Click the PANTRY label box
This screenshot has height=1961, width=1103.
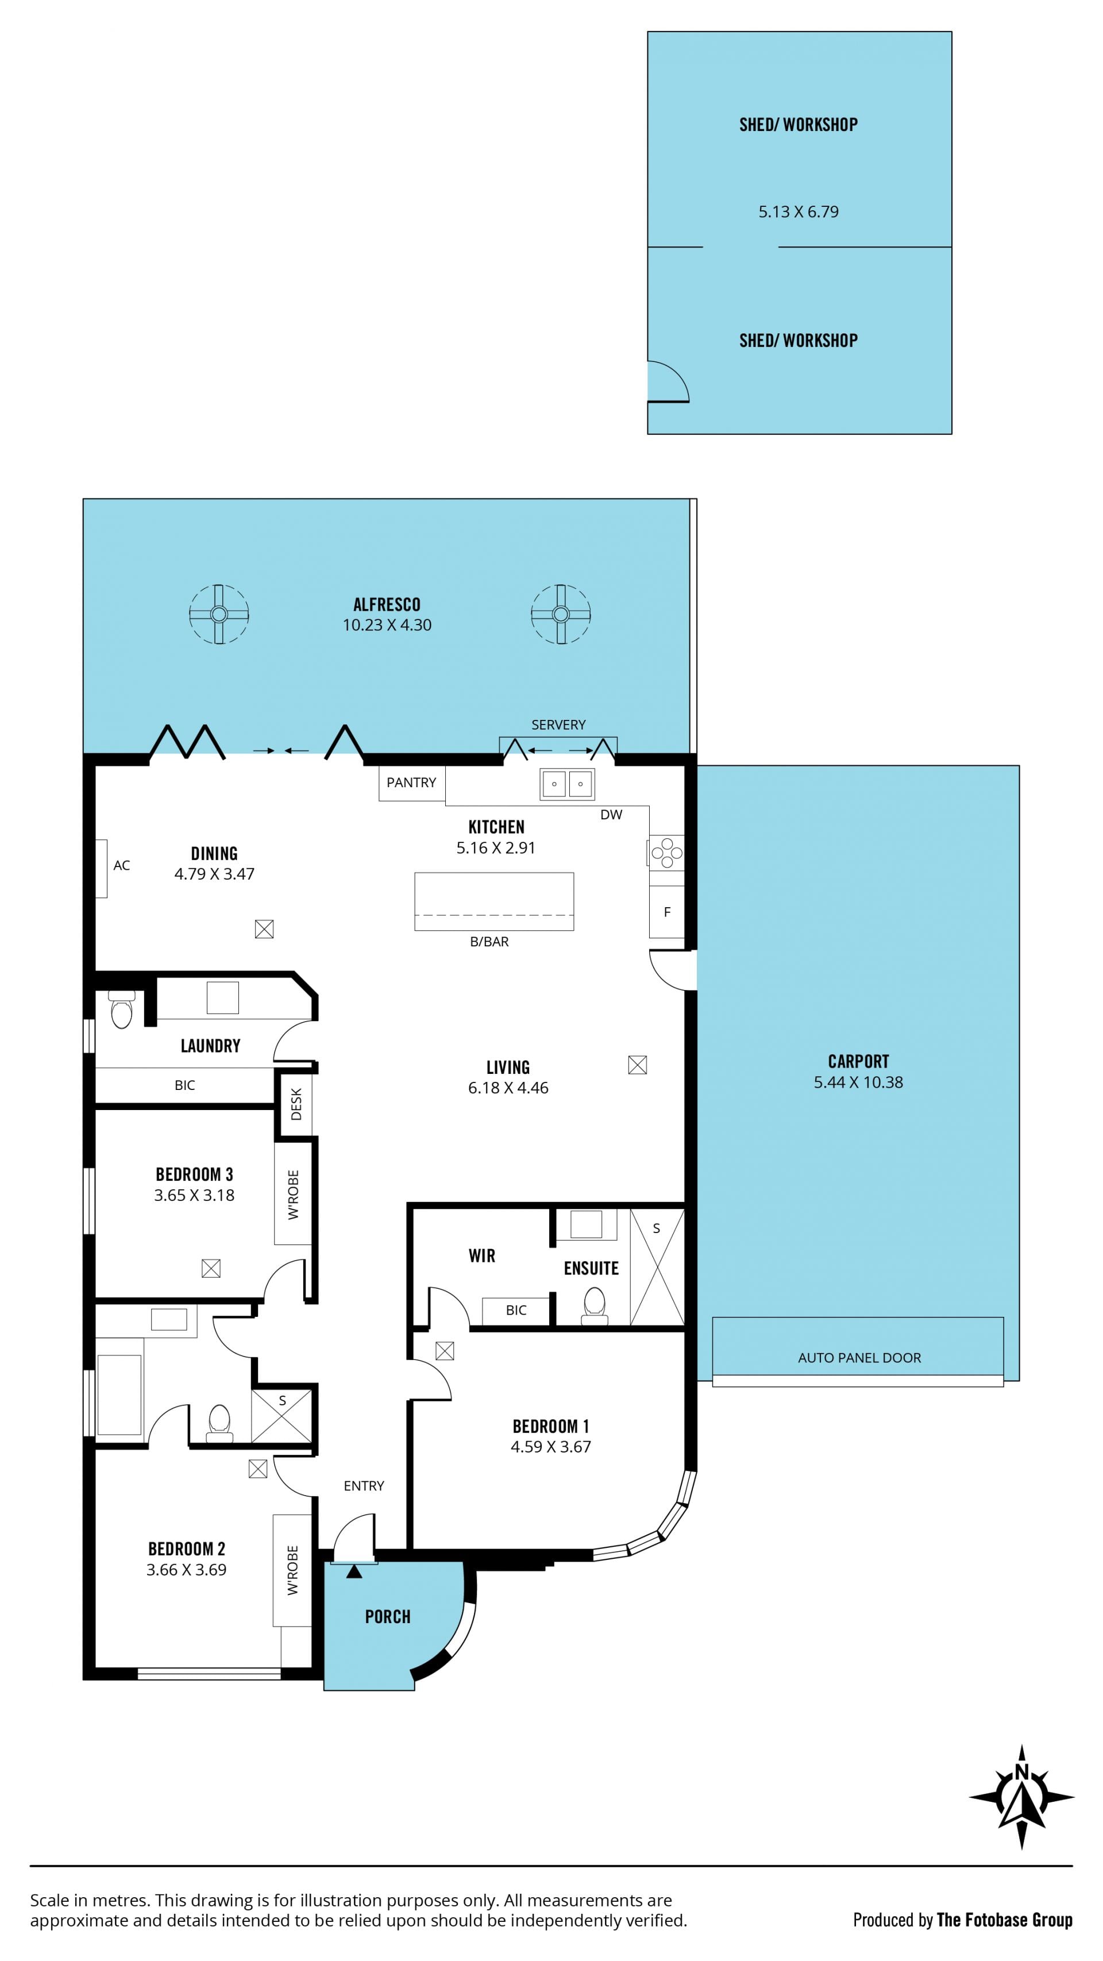412,783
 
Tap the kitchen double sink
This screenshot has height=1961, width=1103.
566,783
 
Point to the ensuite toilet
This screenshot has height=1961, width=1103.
594,1305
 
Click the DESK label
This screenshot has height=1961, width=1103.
296,1104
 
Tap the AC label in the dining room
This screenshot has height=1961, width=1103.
122,865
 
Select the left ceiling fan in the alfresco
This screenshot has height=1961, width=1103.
219,614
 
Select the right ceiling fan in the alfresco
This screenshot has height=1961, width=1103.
561,614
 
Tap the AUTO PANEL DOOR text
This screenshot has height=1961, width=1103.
859,1357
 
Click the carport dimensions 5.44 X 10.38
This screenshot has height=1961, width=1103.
859,1082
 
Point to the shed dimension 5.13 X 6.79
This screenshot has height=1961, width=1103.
799,211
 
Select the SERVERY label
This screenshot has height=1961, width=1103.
559,725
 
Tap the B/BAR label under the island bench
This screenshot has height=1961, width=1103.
489,942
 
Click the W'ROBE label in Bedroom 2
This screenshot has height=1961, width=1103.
293,1570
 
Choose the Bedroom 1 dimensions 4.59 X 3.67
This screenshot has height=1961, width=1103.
551,1446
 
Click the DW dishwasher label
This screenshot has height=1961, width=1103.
611,815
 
